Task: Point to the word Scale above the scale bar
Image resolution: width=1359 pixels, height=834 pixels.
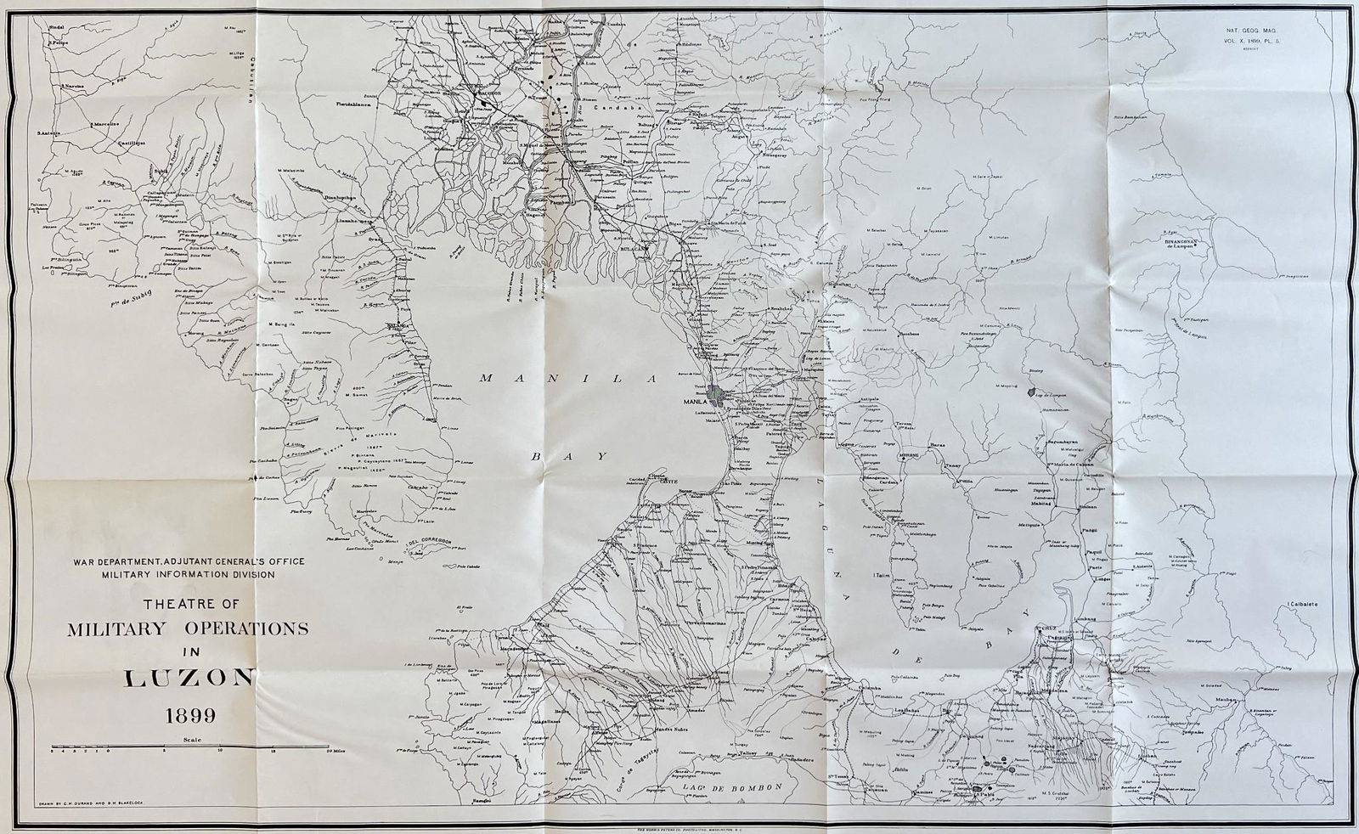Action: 186,741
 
